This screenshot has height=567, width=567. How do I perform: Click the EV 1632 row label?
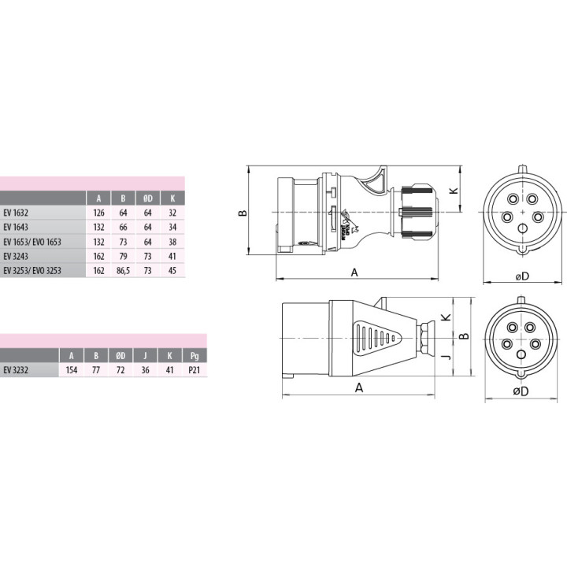pos(16,213)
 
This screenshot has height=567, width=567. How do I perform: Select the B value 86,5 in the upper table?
pos(123,270)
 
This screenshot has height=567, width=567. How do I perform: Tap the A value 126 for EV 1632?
pos(98,213)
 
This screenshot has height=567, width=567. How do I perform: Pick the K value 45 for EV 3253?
pos(172,270)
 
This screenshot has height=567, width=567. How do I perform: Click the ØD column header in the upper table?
pos(147,198)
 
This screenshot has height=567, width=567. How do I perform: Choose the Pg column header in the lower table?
pos(195,356)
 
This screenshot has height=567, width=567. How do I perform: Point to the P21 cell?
pos(195,370)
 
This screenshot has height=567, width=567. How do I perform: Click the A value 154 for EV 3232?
pos(71,370)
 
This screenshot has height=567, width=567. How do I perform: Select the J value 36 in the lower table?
pos(145,370)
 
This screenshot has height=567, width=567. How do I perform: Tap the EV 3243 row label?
pos(16,257)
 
